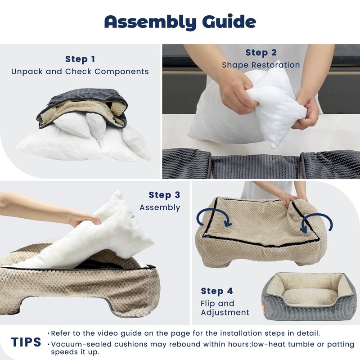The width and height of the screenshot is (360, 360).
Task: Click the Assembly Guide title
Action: [x=180, y=22]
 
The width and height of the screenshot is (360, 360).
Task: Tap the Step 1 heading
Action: [x=80, y=59]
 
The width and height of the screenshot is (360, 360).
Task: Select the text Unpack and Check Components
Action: [x=80, y=72]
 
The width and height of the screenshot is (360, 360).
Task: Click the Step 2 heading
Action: [x=261, y=53]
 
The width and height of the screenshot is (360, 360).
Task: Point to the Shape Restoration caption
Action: [x=261, y=65]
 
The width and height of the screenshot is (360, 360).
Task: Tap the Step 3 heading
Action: [x=164, y=195]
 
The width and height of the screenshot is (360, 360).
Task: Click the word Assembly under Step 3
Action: [x=160, y=207]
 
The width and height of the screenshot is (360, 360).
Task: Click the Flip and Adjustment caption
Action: [x=225, y=308]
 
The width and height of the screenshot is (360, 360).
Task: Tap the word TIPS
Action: [x=26, y=342]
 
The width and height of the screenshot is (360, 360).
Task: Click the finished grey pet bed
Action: [x=306, y=295]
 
